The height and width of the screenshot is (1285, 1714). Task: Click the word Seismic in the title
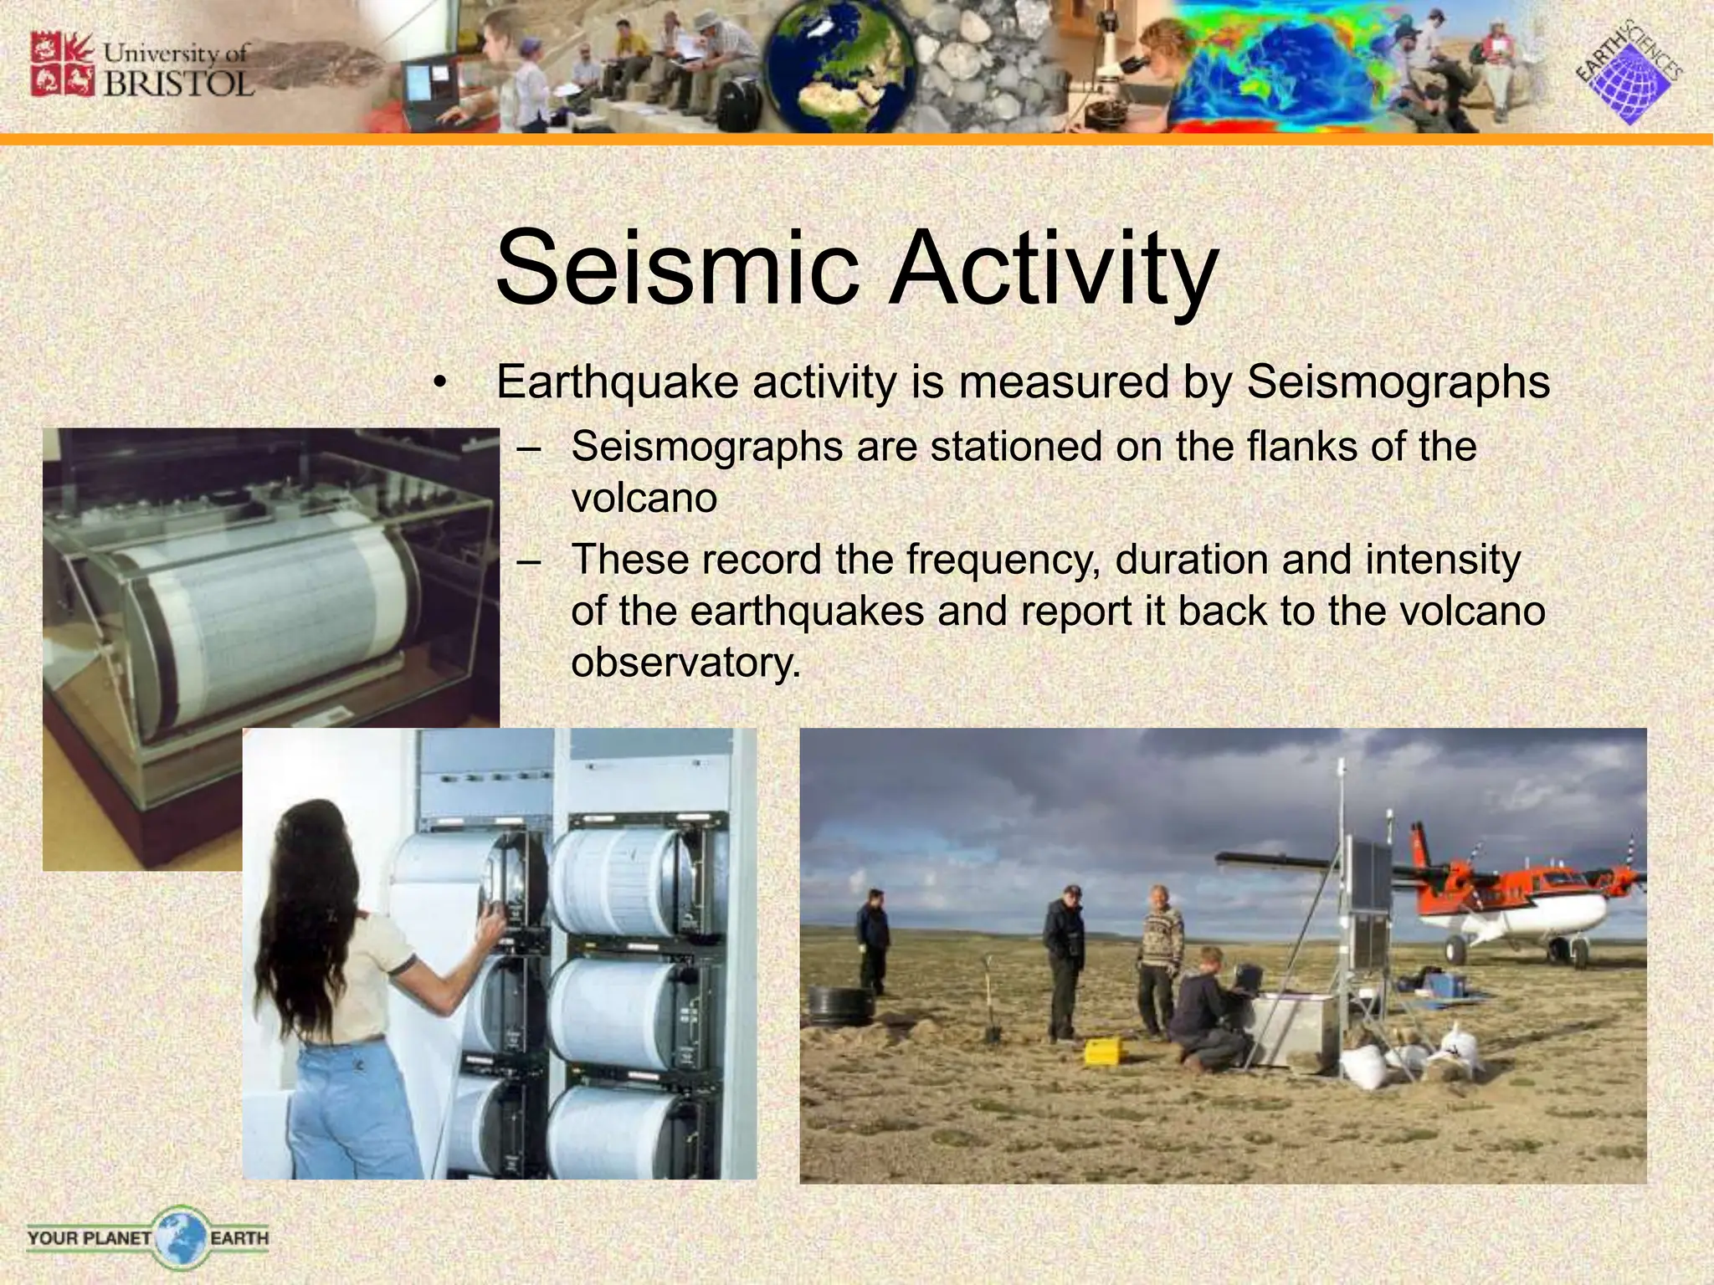coord(678,269)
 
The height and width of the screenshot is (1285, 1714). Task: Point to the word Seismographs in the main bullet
coord(1398,383)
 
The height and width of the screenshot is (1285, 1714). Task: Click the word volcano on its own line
coord(644,499)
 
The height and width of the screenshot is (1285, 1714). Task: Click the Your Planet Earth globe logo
coord(179,1237)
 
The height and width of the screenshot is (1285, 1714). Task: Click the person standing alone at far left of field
coord(871,941)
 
